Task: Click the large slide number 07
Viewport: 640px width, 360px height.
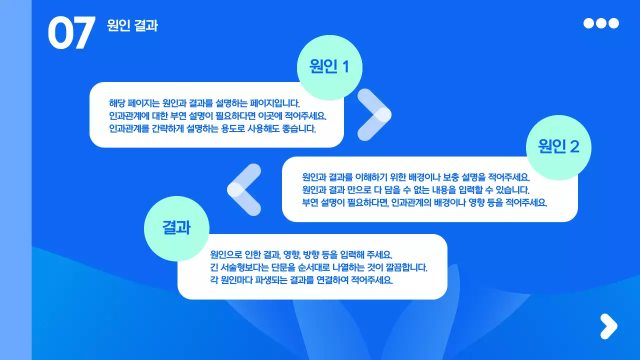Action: [71, 33]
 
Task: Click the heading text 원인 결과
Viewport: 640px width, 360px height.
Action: [132, 25]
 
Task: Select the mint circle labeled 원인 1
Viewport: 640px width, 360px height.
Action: [329, 67]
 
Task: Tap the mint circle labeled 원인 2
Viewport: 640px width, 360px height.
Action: [558, 147]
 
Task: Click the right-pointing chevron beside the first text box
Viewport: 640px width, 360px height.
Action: [374, 114]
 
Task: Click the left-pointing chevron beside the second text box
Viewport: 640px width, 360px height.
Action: [244, 189]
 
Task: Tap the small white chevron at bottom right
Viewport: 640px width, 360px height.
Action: [608, 326]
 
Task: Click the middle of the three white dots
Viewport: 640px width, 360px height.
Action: [601, 23]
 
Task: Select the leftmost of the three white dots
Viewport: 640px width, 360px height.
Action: [589, 23]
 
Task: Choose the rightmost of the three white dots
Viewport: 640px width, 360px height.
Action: [613, 23]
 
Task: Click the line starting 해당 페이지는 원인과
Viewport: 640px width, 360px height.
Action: [204, 103]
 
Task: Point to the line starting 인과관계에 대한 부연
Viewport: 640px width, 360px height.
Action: [217, 116]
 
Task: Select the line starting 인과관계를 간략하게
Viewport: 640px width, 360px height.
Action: [212, 128]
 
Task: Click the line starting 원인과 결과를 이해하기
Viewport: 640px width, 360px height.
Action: [415, 177]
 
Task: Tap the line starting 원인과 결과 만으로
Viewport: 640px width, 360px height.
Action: [415, 190]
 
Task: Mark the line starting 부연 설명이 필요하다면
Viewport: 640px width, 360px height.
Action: [424, 203]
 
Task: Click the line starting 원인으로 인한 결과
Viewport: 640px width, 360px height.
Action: [304, 254]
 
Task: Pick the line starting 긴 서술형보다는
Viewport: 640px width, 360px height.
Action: [318, 267]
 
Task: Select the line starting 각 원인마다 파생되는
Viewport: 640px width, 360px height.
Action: [301, 280]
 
